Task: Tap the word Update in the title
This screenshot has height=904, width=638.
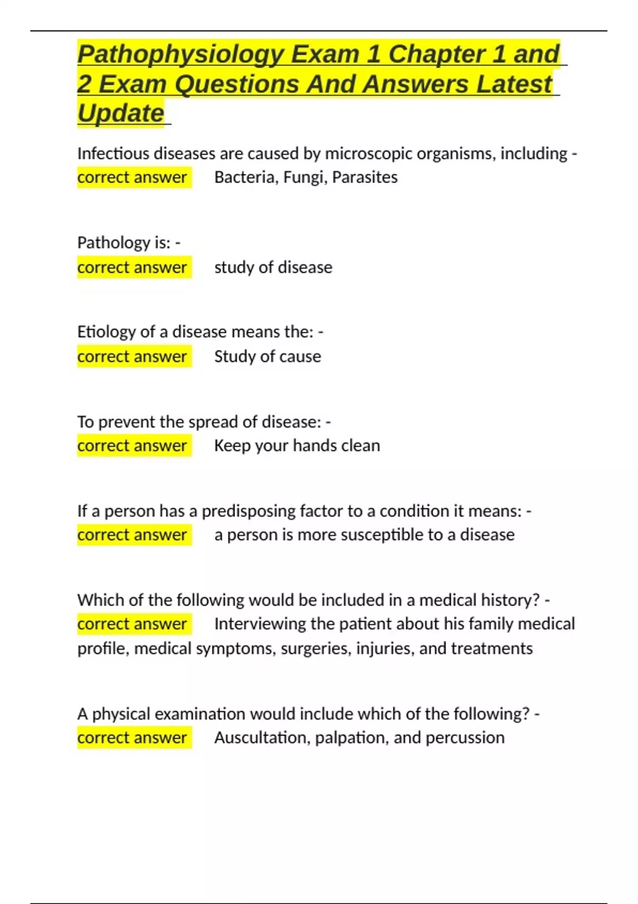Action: coord(121,113)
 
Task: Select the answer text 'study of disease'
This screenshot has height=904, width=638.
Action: coord(273,267)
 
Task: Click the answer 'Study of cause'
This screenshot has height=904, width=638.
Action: coord(267,356)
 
